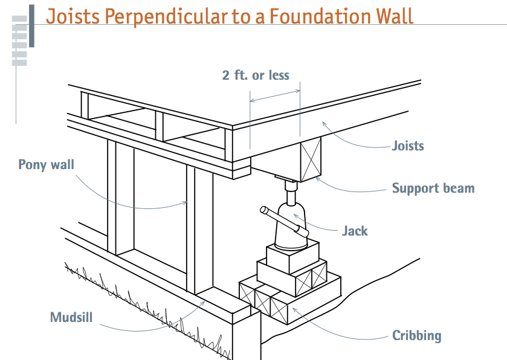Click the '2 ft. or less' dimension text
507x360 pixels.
click(256, 76)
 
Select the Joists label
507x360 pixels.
click(408, 146)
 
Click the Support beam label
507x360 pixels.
click(433, 188)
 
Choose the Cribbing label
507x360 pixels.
click(416, 336)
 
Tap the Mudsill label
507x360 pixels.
click(71, 317)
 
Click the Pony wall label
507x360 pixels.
click(45, 164)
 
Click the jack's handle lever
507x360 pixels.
click(284, 222)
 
